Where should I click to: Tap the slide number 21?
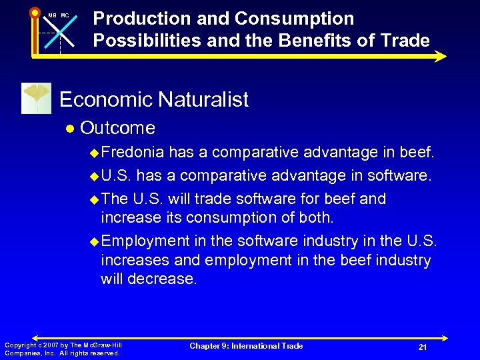tap(422, 347)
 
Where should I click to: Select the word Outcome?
tap(117, 127)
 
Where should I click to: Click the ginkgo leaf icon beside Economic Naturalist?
tap(37, 99)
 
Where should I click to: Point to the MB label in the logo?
tap(51, 15)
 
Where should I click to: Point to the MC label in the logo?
tap(65, 15)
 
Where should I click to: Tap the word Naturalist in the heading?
tap(203, 100)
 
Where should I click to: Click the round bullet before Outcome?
tap(69, 128)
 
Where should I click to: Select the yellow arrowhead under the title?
tap(440, 56)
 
